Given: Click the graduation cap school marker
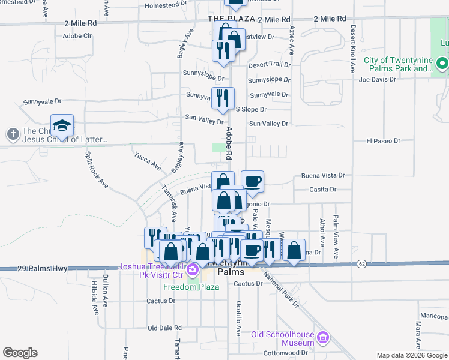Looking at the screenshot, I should pyautogui.click(x=62, y=125).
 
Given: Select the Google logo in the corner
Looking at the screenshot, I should pyautogui.click(x=20, y=353).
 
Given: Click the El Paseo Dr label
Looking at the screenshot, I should pyautogui.click(x=383, y=141).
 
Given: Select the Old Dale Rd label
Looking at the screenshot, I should pyautogui.click(x=164, y=328).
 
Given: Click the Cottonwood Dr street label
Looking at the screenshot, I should pyautogui.click(x=286, y=353).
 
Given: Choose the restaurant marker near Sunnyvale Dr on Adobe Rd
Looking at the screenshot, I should pyautogui.click(x=223, y=97).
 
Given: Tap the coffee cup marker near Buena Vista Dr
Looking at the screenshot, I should pyautogui.click(x=252, y=181).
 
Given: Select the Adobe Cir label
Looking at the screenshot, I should pyautogui.click(x=77, y=36).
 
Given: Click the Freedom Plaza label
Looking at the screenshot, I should pyautogui.click(x=193, y=287).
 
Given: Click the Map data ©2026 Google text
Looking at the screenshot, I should pyautogui.click(x=411, y=355).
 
